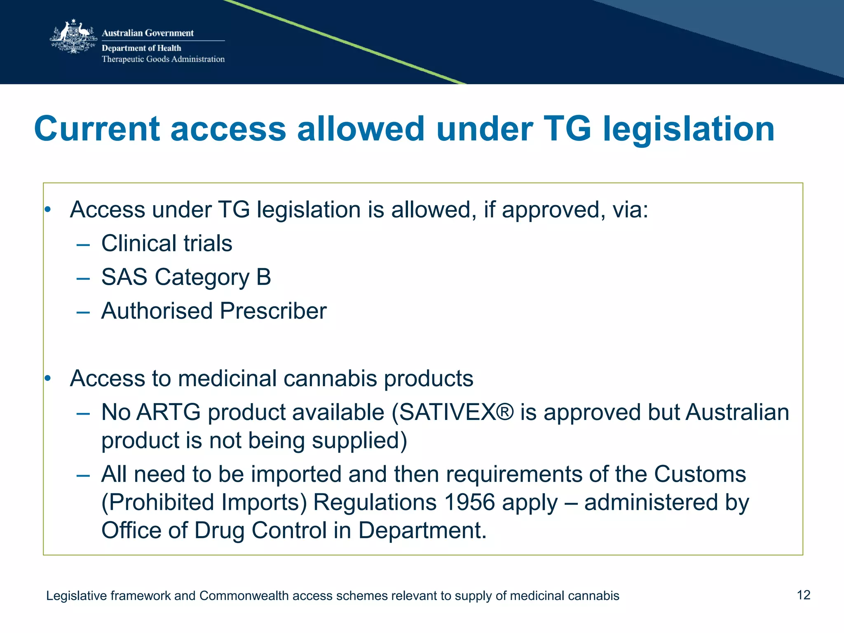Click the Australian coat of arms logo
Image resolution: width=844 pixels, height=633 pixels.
73,37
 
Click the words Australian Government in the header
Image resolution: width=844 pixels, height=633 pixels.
148,33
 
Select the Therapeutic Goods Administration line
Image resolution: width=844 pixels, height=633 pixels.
163,59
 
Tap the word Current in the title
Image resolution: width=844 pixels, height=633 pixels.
97,129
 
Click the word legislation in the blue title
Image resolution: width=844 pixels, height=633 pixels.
689,129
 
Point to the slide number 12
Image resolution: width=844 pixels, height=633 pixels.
803,595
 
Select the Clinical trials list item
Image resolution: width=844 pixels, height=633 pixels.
166,243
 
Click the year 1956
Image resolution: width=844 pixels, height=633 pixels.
470,502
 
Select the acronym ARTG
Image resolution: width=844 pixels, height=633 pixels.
169,412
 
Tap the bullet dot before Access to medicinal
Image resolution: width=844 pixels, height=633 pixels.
48,378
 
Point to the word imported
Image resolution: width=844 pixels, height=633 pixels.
296,474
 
